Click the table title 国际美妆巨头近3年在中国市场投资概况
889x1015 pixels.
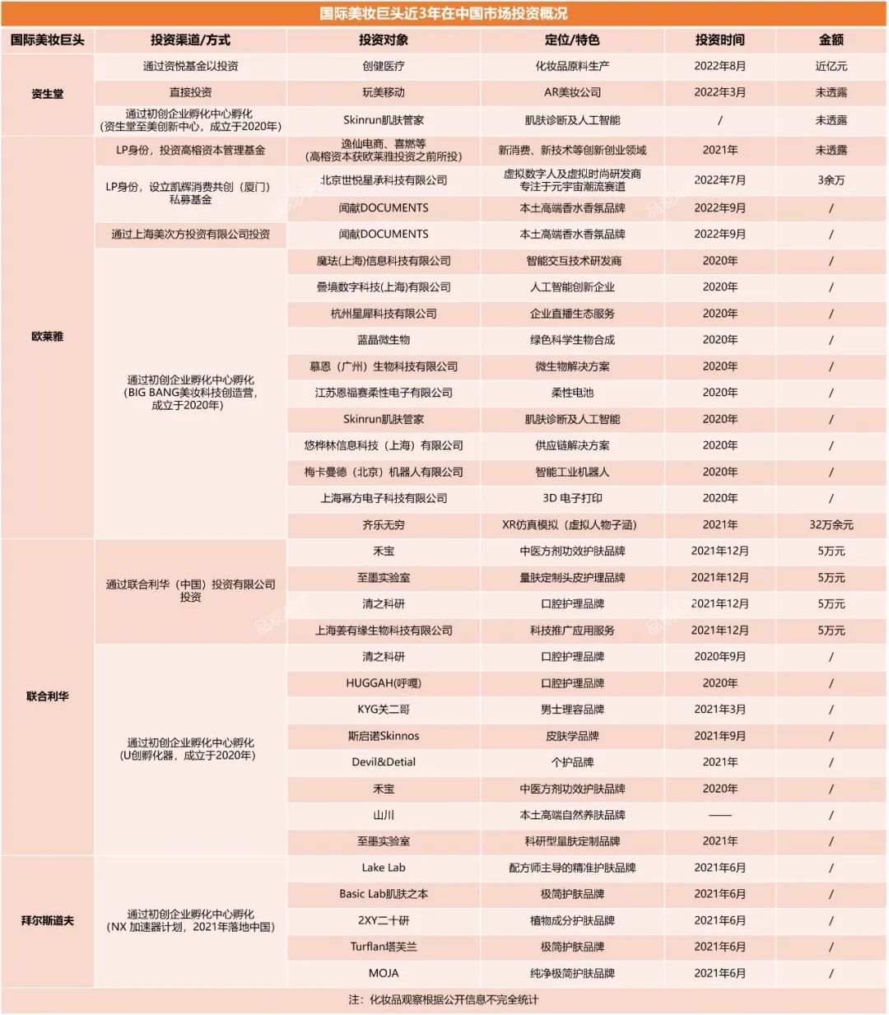click(x=444, y=14)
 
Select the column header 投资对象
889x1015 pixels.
click(x=384, y=40)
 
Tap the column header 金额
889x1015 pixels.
click(x=831, y=40)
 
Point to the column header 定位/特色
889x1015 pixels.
click(x=572, y=40)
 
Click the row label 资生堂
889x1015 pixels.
click(x=48, y=94)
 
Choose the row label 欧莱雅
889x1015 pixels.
click(x=48, y=337)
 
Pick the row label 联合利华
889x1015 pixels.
click(x=48, y=696)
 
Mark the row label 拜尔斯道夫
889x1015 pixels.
click(x=48, y=920)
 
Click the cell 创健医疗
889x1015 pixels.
click(x=384, y=66)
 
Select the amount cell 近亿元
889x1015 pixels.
click(x=831, y=66)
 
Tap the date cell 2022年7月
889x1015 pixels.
click(x=719, y=179)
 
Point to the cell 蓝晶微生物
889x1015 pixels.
click(x=384, y=340)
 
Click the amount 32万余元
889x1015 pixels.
click(x=831, y=524)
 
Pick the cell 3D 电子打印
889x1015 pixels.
click(x=572, y=498)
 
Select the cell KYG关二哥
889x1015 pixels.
click(x=384, y=710)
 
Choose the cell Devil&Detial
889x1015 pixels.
click(x=384, y=762)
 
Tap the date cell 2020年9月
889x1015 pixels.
click(x=719, y=657)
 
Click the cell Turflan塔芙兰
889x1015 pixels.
click(x=384, y=947)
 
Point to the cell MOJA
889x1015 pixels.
click(x=384, y=973)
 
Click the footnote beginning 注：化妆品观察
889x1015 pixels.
click(x=444, y=999)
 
